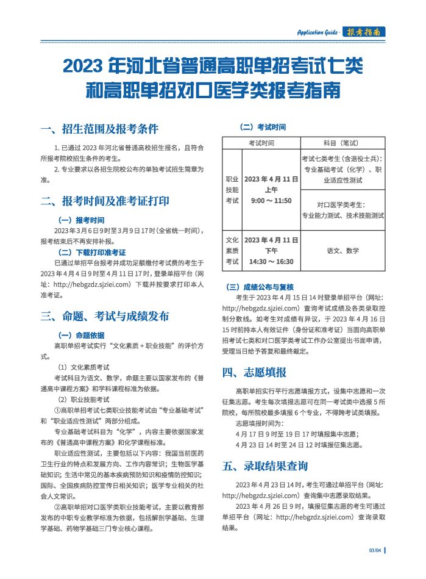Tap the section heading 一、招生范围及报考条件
99,129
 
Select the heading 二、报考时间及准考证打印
105,201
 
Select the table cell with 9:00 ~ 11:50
271,200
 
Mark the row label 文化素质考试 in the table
232,250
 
